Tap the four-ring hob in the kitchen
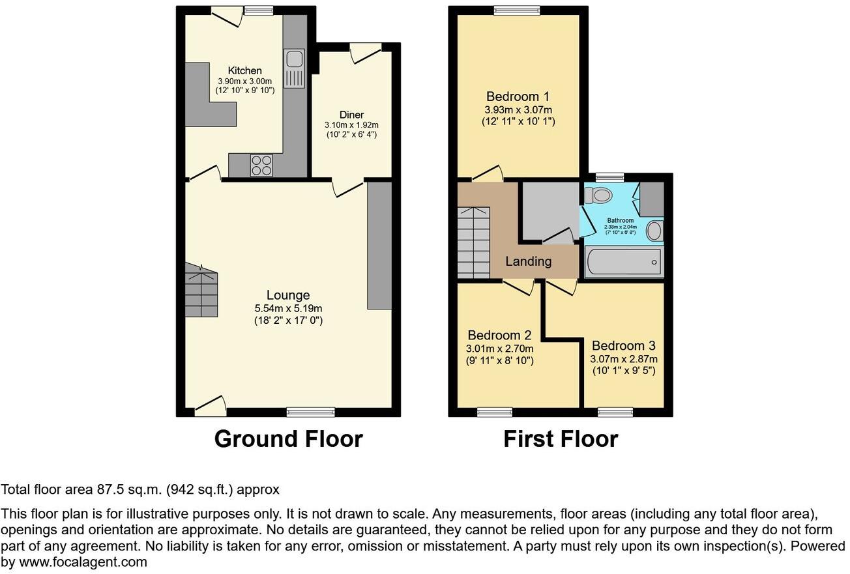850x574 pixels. [261, 165]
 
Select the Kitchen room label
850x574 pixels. [244, 70]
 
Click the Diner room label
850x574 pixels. [351, 115]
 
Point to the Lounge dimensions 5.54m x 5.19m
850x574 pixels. [288, 308]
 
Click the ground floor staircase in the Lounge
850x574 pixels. [201, 291]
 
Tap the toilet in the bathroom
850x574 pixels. [598, 194]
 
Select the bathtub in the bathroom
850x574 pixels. [624, 263]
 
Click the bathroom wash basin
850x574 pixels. [654, 231]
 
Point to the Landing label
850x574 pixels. [529, 261]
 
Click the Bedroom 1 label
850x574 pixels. [518, 98]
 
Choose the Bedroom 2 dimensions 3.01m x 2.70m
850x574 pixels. [499, 349]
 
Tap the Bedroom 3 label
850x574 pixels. [623, 346]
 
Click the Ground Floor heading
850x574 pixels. [288, 438]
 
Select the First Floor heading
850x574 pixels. [560, 438]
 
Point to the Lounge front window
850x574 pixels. [311, 412]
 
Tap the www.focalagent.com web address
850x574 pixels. [83, 562]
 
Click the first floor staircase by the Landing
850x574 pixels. [473, 242]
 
